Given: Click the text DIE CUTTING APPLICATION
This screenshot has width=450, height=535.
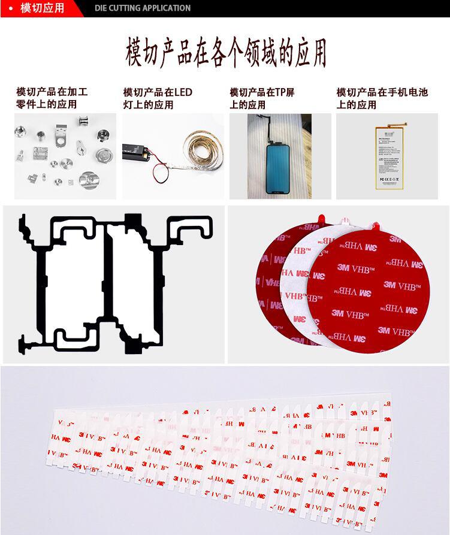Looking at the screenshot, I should click(x=143, y=8).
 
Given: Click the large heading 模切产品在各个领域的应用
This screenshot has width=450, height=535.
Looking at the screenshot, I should click(x=225, y=52).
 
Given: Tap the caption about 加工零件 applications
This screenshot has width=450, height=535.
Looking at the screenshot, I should click(x=52, y=98).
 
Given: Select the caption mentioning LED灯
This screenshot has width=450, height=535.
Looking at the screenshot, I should click(x=158, y=98).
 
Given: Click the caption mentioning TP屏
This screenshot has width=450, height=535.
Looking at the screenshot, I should click(x=262, y=98).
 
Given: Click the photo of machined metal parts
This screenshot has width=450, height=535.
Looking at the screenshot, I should click(x=65, y=156).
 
